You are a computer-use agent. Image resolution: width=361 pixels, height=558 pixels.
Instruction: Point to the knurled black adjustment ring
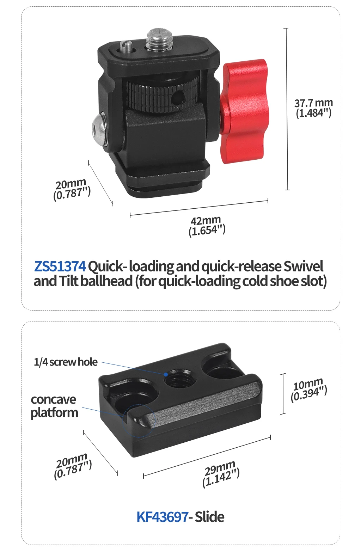click(x=162, y=95)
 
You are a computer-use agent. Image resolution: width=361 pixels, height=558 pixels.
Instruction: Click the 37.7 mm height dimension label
click(x=313, y=108)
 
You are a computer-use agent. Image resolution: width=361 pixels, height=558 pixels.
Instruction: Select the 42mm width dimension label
click(x=207, y=226)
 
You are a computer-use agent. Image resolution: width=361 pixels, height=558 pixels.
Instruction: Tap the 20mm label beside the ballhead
click(x=72, y=189)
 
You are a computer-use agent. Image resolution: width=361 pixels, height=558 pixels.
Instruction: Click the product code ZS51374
click(x=60, y=266)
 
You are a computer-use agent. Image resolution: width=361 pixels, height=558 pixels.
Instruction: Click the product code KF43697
click(x=162, y=517)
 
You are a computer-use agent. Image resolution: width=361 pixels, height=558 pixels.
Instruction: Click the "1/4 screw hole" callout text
click(x=66, y=362)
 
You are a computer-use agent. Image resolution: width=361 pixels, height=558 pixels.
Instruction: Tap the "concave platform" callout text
click(x=54, y=406)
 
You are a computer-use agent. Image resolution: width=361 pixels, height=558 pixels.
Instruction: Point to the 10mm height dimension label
click(x=308, y=389)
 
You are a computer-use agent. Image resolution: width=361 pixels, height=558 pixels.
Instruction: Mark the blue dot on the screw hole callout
click(x=166, y=374)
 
